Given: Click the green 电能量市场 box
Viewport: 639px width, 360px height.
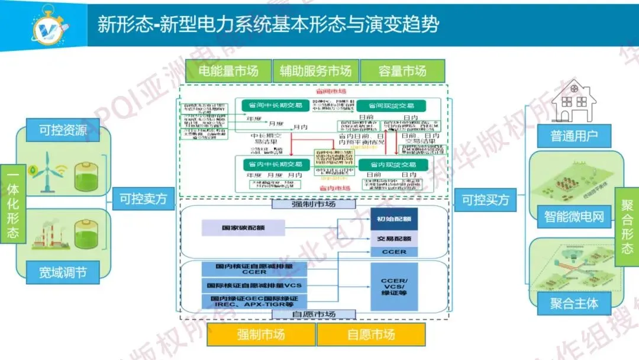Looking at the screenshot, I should [x=228, y=72].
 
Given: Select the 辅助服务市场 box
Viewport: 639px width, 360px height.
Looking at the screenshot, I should [x=315, y=72].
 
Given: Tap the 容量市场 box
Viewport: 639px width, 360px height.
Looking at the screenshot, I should [x=402, y=72].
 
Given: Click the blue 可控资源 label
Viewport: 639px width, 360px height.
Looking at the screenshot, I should [x=63, y=130].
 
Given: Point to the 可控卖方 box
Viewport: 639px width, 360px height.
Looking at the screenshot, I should [x=143, y=200].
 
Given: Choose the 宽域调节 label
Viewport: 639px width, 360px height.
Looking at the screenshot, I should [x=63, y=272].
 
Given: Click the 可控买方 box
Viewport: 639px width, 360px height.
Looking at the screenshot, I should [x=485, y=200].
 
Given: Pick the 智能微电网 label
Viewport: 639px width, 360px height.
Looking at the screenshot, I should [x=574, y=217].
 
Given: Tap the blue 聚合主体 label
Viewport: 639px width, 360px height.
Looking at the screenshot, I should [x=574, y=304].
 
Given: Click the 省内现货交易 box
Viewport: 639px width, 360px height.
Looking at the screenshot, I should [x=392, y=165].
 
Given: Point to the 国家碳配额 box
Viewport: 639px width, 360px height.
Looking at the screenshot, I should [x=243, y=227].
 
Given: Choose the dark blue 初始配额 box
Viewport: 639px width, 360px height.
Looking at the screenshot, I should [x=394, y=219].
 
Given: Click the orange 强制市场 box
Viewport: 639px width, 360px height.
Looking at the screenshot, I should [x=261, y=335].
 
